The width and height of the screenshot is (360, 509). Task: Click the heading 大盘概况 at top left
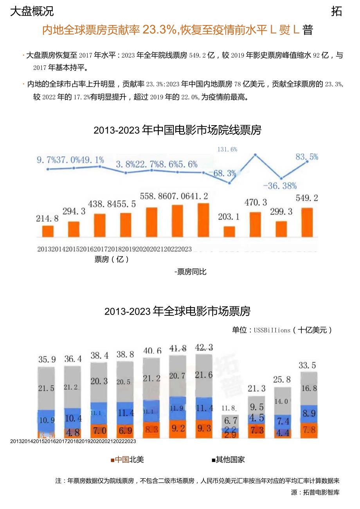(x=32, y=12)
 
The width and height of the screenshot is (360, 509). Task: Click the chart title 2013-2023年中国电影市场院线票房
(x=177, y=130)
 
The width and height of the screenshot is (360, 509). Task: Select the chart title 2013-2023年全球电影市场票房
(x=177, y=311)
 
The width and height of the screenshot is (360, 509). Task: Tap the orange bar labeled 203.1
(x=229, y=231)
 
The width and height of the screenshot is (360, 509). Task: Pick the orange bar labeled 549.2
(x=307, y=222)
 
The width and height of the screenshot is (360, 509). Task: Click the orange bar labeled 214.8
(x=48, y=231)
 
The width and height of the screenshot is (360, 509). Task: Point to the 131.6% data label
(x=227, y=149)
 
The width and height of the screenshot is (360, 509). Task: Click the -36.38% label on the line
(x=280, y=185)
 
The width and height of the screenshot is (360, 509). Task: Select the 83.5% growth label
(x=307, y=157)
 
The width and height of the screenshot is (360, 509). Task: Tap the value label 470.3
(x=256, y=203)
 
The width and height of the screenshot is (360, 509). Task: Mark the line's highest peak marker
(x=255, y=155)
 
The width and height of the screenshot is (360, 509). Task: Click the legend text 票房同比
(x=190, y=272)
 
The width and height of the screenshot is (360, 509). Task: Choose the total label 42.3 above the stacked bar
(x=203, y=348)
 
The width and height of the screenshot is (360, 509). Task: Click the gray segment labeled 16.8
(x=309, y=388)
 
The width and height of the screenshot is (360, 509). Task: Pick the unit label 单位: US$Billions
(x=282, y=330)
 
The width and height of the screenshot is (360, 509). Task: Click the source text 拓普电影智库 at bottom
(x=321, y=493)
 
